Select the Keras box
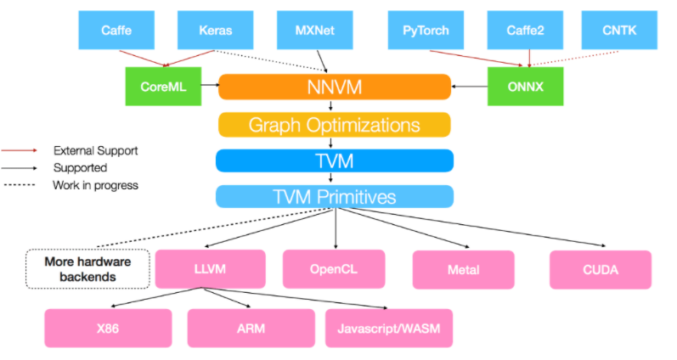[x=216, y=30]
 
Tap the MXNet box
[x=315, y=30]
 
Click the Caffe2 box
[x=527, y=30]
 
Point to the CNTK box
[x=619, y=30]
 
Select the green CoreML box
[x=164, y=87]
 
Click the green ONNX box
[x=525, y=87]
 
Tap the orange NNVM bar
[x=334, y=87]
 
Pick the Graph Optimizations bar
[x=334, y=125]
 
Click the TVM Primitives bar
[x=334, y=197]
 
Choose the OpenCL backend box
[x=334, y=269]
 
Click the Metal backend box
[x=464, y=269]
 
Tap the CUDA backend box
[x=600, y=269]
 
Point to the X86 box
[x=108, y=328]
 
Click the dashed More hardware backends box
[x=87, y=268]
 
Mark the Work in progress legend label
[x=95, y=184]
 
